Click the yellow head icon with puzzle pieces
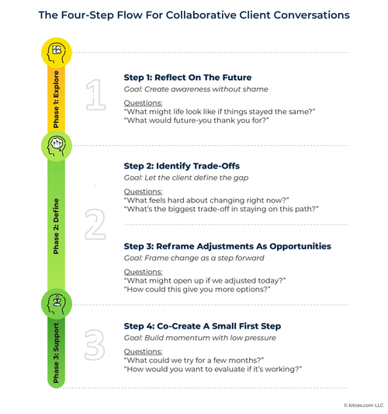coord(57,53)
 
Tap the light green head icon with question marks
coord(57,146)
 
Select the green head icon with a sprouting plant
coord(57,304)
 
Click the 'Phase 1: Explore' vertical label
coord(56,99)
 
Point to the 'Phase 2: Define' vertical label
coord(56,226)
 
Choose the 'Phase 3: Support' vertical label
coord(56,353)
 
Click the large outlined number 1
coord(95,95)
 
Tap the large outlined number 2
coord(95,224)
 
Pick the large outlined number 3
coord(95,345)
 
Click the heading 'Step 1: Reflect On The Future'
coord(188,78)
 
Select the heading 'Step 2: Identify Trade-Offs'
coord(182,166)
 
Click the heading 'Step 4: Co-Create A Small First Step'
coord(203,326)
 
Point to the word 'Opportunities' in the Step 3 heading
coord(300,246)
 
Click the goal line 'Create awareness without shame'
coord(206,89)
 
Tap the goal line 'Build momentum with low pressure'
coord(210,338)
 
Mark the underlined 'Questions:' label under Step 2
coord(143,192)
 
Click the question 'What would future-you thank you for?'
coord(196,120)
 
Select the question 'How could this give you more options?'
coord(197,290)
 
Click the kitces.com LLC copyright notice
coord(363,405)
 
